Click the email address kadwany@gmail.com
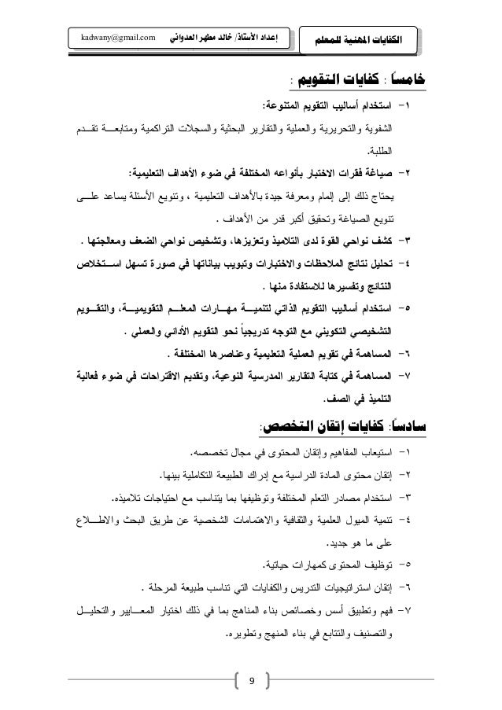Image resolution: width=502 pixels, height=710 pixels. tap(112, 37)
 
